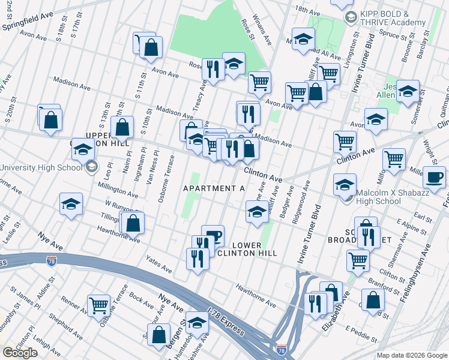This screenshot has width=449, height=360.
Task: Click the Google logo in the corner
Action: [20, 353]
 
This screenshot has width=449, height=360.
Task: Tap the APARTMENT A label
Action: [214, 188]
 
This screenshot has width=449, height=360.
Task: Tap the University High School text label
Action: [41, 167]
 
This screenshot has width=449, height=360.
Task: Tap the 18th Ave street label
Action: [307, 10]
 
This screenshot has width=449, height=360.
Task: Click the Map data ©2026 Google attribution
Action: [411, 355]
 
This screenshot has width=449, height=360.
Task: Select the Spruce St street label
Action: [393, 35]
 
